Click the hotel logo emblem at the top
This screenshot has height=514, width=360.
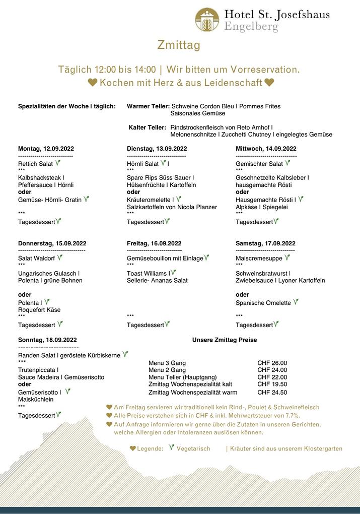pos(207,20)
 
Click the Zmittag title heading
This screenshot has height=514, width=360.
pos(179,45)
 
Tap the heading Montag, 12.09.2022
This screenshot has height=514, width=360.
pos(46,149)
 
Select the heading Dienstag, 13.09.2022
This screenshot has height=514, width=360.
pos(157,149)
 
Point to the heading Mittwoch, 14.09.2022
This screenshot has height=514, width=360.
pos(266,149)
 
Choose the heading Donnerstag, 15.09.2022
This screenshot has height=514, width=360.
pos(52,243)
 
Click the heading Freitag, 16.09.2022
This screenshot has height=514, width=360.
pos(154,243)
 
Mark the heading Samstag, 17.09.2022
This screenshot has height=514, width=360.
pos(265,243)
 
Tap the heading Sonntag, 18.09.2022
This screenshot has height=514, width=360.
pos(47,340)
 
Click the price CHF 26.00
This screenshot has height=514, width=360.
pos(272,363)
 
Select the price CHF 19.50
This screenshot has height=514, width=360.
pos(272,384)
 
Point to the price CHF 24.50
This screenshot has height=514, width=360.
pos(272,392)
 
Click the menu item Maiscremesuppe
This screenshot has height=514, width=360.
pos(259,258)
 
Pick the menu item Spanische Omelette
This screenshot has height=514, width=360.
pos(263,303)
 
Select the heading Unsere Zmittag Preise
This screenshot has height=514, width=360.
pos(225,340)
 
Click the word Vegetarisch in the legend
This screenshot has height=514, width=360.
pos(193,448)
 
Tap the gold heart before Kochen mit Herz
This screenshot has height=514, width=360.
pos(93,83)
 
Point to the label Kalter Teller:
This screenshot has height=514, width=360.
pos(147,127)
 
